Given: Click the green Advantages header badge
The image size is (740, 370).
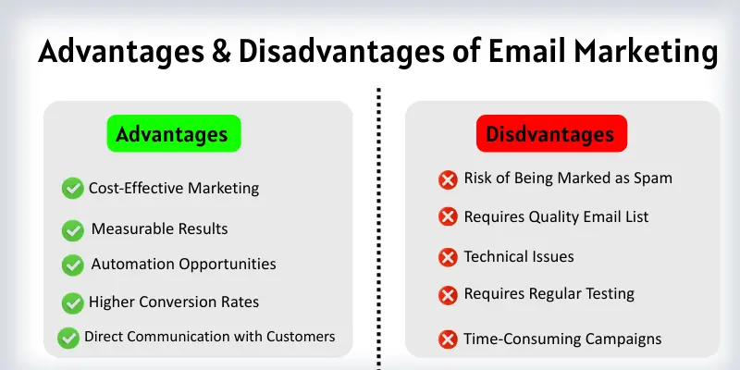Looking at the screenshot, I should (x=173, y=134).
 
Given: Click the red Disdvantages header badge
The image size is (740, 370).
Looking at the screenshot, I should (x=551, y=134).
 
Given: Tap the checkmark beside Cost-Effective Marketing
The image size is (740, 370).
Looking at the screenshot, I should (x=73, y=189).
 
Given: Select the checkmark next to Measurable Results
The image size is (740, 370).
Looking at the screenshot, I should (x=73, y=229).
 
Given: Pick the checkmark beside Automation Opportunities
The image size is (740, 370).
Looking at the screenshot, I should (x=73, y=265).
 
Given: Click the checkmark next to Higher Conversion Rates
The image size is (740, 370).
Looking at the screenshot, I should (x=73, y=302).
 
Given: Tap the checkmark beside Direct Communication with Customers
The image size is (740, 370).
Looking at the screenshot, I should (x=68, y=338).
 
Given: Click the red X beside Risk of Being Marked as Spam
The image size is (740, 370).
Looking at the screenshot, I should (x=448, y=179).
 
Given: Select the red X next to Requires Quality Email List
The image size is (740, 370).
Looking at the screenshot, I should (x=448, y=216).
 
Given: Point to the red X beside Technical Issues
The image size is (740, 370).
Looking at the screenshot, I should (x=448, y=257).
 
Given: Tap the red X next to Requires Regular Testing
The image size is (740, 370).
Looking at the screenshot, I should (x=448, y=295).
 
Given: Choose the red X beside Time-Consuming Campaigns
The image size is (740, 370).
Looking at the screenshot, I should (x=448, y=339).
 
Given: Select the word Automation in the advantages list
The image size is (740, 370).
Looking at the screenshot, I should (x=131, y=264).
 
